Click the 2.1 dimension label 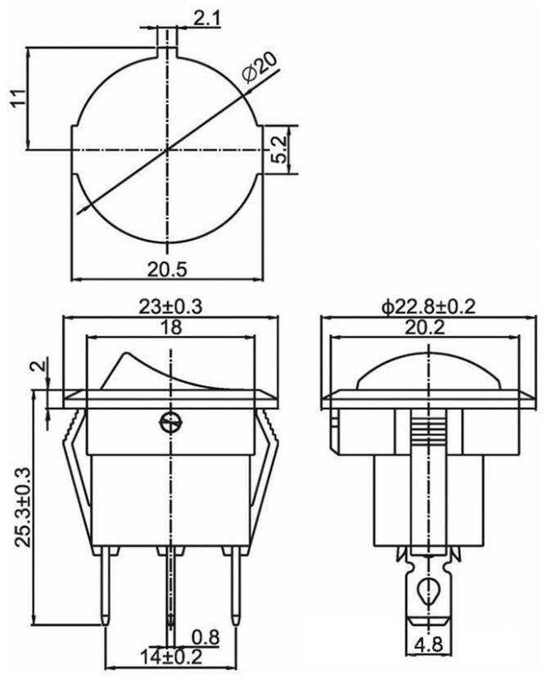pyautogui.click(x=206, y=19)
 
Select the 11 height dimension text pyautogui.click(x=18, y=98)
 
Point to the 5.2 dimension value pyautogui.click(x=280, y=150)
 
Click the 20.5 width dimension pyautogui.click(x=167, y=270)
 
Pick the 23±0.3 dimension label pyautogui.click(x=170, y=306)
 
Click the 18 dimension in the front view pyautogui.click(x=172, y=327)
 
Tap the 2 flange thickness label pyautogui.click(x=39, y=365)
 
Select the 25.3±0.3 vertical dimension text pyautogui.click(x=24, y=507)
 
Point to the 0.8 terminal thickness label pyautogui.click(x=206, y=637)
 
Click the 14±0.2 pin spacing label pyautogui.click(x=171, y=657)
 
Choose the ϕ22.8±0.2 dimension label pyautogui.click(x=428, y=306)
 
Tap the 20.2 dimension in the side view pyautogui.click(x=425, y=328)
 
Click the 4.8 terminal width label pyautogui.click(x=428, y=657)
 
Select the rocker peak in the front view pyautogui.click(x=127, y=354)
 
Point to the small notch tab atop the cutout pyautogui.click(x=166, y=43)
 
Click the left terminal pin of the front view pyautogui.click(x=106, y=585)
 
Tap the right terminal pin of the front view pyautogui.click(x=235, y=585)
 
